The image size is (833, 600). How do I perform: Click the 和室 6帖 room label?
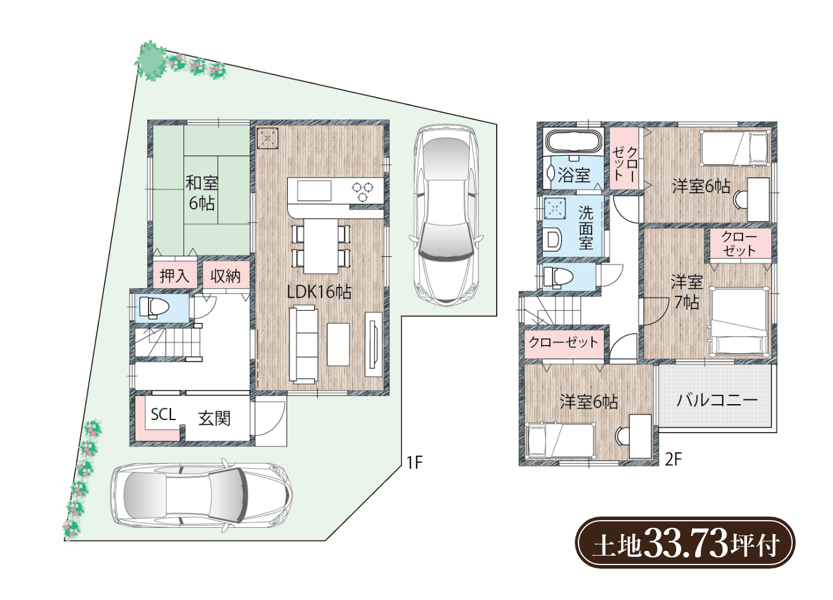pos(202,193)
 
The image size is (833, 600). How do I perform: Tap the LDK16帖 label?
pos(320,292)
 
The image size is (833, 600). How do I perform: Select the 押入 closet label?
pos(175,276)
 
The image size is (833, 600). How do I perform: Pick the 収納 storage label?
pos(226,276)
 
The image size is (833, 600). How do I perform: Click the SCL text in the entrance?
pos(163,414)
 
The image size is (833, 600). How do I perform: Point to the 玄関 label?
pos(214,418)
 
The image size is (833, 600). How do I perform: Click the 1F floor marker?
pos(414,463)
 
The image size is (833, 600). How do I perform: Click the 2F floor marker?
pos(673,460)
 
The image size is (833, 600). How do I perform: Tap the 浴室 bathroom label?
pos(574,175)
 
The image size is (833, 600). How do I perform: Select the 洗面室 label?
pos(586,227)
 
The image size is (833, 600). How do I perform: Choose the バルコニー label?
pos(717,400)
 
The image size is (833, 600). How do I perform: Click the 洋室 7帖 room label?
pos(687,292)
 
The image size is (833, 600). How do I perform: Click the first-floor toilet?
pos(154,308)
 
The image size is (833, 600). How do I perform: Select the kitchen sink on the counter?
pos(314,191)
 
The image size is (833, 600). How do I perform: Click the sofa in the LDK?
pos(304,344)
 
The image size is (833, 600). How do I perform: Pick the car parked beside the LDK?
pos(445,215)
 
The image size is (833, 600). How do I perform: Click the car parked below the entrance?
pos(201,496)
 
